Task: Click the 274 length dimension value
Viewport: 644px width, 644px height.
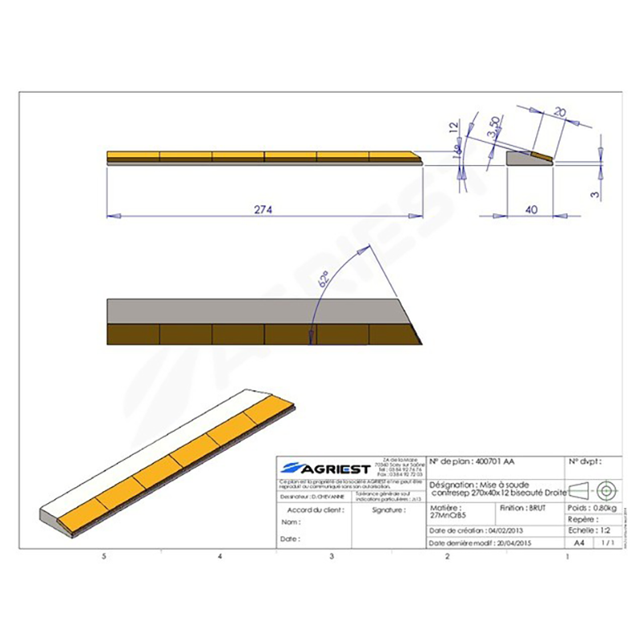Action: tap(264, 209)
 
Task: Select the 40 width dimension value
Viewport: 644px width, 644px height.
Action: tap(531, 209)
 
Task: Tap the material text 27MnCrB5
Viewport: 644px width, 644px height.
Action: tap(448, 514)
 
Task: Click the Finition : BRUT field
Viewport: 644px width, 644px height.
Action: tap(523, 508)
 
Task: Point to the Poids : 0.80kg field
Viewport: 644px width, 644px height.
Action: tap(592, 509)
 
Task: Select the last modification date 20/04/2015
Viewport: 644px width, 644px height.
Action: tap(483, 543)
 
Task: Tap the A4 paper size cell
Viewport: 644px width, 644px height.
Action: tap(579, 543)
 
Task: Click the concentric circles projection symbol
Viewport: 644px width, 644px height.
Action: tap(605, 489)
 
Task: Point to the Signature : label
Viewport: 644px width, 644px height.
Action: tap(388, 510)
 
